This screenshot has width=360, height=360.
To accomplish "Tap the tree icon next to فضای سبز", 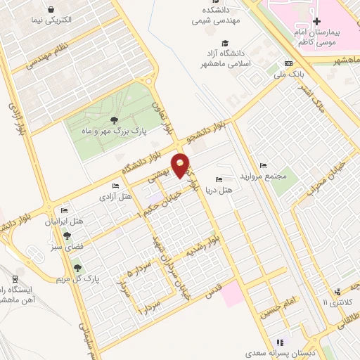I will coord(65,236).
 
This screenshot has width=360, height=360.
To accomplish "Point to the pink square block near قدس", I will coord(234,295).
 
